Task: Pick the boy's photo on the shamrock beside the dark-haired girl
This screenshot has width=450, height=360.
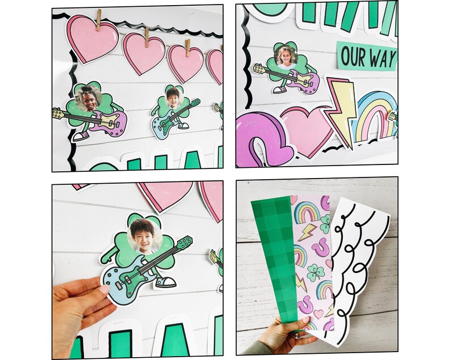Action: click(173, 99)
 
